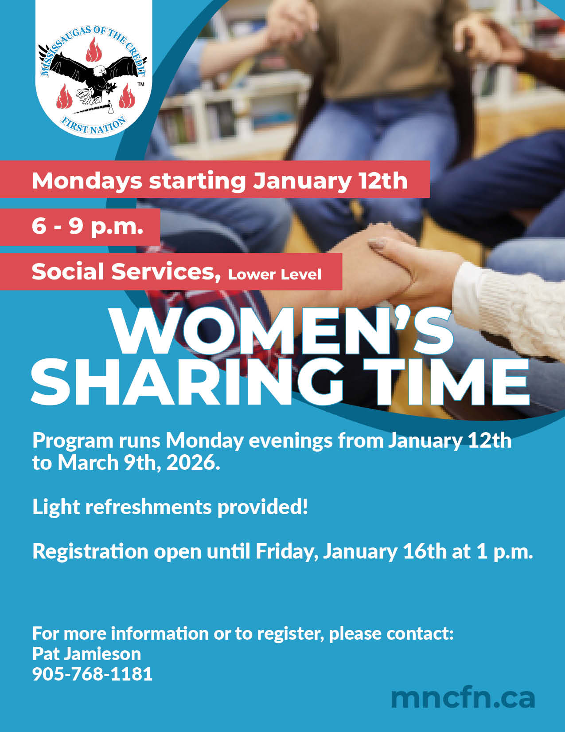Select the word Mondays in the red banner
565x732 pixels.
(x=87, y=181)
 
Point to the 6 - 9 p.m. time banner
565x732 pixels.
(x=87, y=226)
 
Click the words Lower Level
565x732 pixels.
(x=275, y=274)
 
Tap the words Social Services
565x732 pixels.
(x=126, y=271)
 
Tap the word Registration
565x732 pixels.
(x=90, y=551)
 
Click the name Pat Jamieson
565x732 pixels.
(x=86, y=653)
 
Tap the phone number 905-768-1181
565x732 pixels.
(x=92, y=674)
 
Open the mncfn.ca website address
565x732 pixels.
(x=463, y=698)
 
